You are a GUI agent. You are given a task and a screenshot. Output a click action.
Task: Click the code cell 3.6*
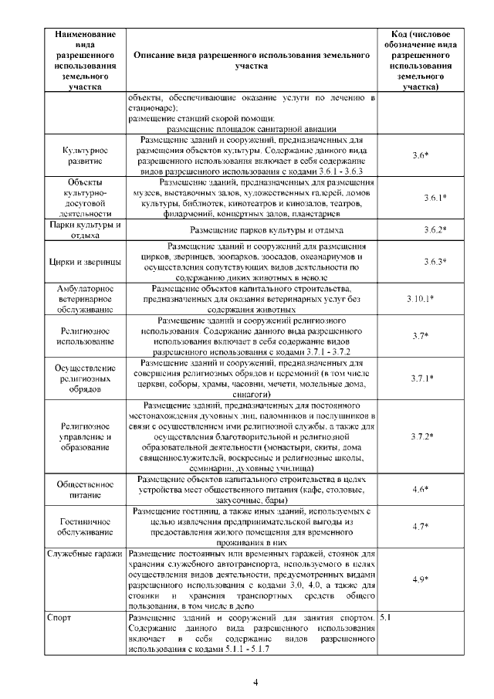click(x=420, y=156)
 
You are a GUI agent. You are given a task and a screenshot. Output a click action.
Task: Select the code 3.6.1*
click(x=435, y=199)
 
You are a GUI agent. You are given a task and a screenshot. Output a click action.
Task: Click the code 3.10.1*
click(x=420, y=298)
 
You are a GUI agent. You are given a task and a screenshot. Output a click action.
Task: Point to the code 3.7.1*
click(x=421, y=378)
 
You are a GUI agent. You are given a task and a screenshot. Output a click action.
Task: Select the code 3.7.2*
click(x=421, y=436)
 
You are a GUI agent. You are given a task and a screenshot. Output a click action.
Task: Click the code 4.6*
click(x=420, y=490)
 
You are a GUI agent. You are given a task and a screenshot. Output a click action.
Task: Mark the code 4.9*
click(x=420, y=579)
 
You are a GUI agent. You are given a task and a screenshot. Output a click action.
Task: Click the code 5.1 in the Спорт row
click(x=387, y=619)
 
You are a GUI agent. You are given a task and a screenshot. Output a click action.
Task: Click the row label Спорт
click(x=59, y=619)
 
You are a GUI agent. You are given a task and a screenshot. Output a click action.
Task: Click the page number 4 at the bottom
click(x=255, y=682)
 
